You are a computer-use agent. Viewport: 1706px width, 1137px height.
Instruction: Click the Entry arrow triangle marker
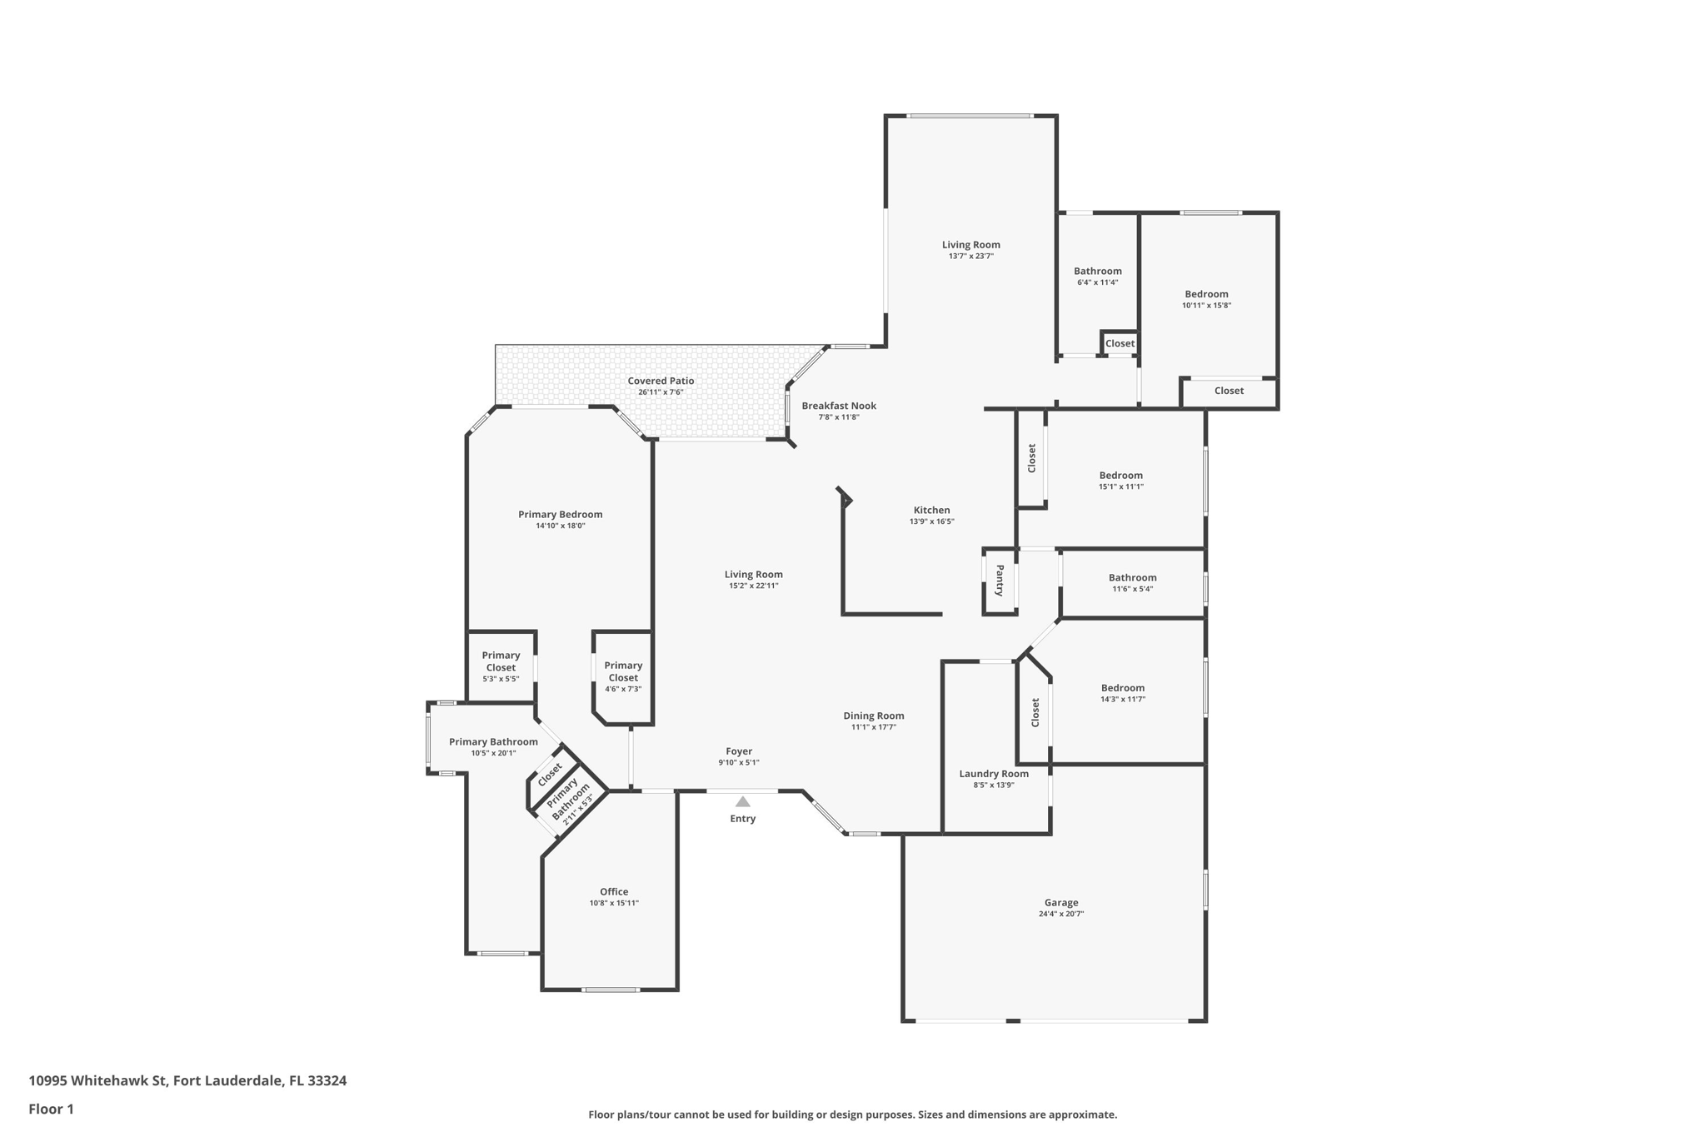pyautogui.click(x=742, y=801)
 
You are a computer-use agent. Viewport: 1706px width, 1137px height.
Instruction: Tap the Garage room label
pyautogui.click(x=1061, y=902)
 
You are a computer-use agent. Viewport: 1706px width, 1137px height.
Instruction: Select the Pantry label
pyautogui.click(x=1000, y=580)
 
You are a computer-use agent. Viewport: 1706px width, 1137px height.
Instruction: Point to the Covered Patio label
pyautogui.click(x=661, y=381)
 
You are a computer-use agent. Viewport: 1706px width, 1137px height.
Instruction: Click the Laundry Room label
pyautogui.click(x=994, y=774)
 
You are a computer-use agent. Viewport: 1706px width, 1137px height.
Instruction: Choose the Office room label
pyautogui.click(x=614, y=891)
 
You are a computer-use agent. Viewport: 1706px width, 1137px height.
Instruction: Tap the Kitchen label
pyautogui.click(x=931, y=510)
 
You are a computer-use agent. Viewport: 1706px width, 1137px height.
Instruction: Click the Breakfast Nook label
pyautogui.click(x=839, y=406)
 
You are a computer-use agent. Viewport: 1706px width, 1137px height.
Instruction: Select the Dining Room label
pyautogui.click(x=873, y=716)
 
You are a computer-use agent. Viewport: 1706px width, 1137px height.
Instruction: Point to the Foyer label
pyautogui.click(x=739, y=751)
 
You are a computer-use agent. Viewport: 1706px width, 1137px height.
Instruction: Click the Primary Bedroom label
pyautogui.click(x=560, y=514)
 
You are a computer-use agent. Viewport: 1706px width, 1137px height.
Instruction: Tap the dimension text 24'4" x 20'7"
pyautogui.click(x=1061, y=914)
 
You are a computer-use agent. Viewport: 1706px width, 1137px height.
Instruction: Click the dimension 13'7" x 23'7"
pyautogui.click(x=970, y=257)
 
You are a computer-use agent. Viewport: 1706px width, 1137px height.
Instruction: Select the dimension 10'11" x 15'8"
pyautogui.click(x=1206, y=306)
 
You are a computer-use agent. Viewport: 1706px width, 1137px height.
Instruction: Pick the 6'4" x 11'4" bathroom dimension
pyautogui.click(x=1097, y=282)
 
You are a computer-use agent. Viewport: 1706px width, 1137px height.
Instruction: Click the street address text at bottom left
pyautogui.click(x=187, y=1081)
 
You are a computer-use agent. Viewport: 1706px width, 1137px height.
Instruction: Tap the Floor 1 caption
pyautogui.click(x=51, y=1109)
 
